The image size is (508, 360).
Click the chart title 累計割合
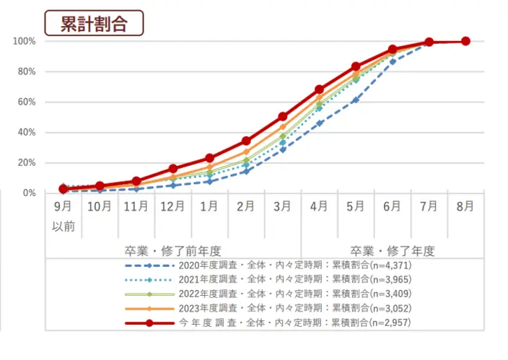point(94,22)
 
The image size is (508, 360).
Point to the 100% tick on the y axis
point(24,41)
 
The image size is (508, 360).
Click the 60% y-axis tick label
point(27,102)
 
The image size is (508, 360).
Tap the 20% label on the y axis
point(27,162)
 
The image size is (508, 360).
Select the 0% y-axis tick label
point(30,193)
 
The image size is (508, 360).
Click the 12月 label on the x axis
point(172,206)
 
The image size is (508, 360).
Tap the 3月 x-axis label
point(282,206)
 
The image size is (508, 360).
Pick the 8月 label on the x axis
point(465,206)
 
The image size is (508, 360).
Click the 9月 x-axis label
point(63,206)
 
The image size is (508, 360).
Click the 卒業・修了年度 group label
point(392,250)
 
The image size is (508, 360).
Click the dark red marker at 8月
point(465,41)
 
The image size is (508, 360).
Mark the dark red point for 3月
point(282,116)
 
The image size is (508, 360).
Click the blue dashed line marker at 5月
point(355,100)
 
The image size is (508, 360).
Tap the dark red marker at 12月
point(172,168)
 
